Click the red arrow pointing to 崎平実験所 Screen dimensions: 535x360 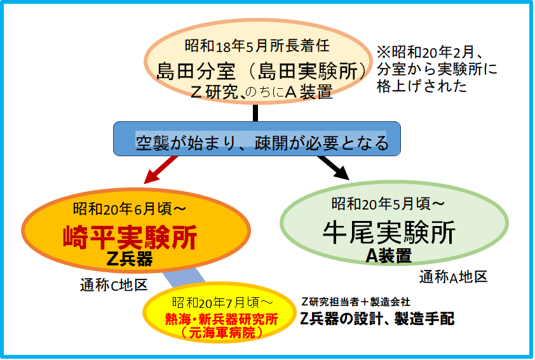[x=161, y=170]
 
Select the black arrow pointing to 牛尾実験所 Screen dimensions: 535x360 [x=333, y=168]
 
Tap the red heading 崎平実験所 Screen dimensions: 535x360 [x=130, y=237]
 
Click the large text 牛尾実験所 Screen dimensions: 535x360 [x=389, y=232]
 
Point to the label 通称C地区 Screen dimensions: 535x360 [x=114, y=284]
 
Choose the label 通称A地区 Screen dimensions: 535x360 [x=453, y=277]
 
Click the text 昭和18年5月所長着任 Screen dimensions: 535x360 [x=257, y=46]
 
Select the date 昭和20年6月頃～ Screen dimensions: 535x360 [x=130, y=209]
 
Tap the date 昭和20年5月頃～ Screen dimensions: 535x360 [x=388, y=204]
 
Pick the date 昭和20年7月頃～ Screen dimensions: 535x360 [x=222, y=302]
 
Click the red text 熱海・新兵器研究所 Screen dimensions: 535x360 [x=222, y=319]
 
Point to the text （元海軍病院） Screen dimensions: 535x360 [x=222, y=333]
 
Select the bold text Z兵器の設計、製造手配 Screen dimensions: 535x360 [x=377, y=319]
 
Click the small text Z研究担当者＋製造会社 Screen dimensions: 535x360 [x=356, y=302]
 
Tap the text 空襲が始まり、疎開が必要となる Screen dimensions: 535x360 [x=262, y=143]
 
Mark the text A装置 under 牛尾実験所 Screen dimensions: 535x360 [x=389, y=256]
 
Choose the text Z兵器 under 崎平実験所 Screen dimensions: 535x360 [x=130, y=259]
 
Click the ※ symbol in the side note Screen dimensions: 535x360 [x=384, y=52]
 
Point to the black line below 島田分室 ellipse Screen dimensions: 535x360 [x=255, y=113]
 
